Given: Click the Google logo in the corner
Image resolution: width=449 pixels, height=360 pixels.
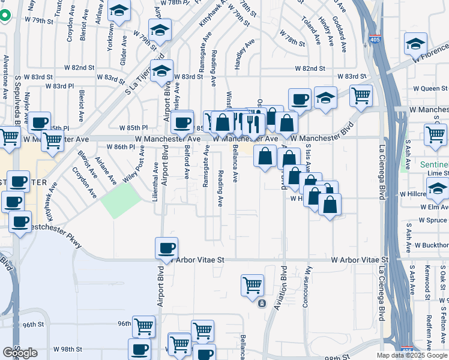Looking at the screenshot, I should pyautogui.click(x=20, y=353).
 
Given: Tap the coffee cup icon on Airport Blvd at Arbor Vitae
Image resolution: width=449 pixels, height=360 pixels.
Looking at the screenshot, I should pyautogui.click(x=166, y=247).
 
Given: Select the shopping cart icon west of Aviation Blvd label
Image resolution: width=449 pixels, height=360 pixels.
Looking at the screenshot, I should pyautogui.click(x=252, y=285).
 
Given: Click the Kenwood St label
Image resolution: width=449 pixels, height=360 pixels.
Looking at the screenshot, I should pyautogui.click(x=427, y=280).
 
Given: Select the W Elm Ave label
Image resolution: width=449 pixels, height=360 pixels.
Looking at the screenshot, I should pyautogui.click(x=433, y=207).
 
